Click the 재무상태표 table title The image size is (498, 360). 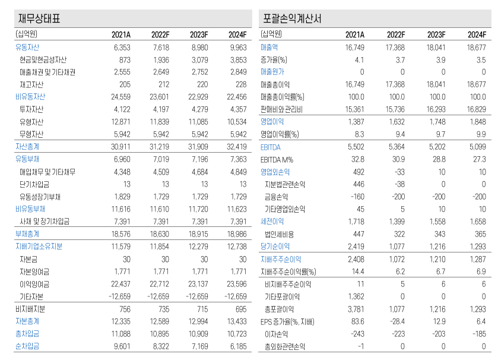pos(40,18)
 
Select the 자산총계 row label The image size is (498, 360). pos(27,147)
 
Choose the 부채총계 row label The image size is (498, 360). pos(27,234)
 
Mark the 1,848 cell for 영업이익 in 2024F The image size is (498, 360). pos(477,121)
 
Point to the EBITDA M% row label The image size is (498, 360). pos(277,159)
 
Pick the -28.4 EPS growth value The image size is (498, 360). pos(397,321)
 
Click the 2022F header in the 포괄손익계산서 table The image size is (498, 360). pos(395,34)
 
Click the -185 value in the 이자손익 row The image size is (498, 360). pos(478,333)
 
